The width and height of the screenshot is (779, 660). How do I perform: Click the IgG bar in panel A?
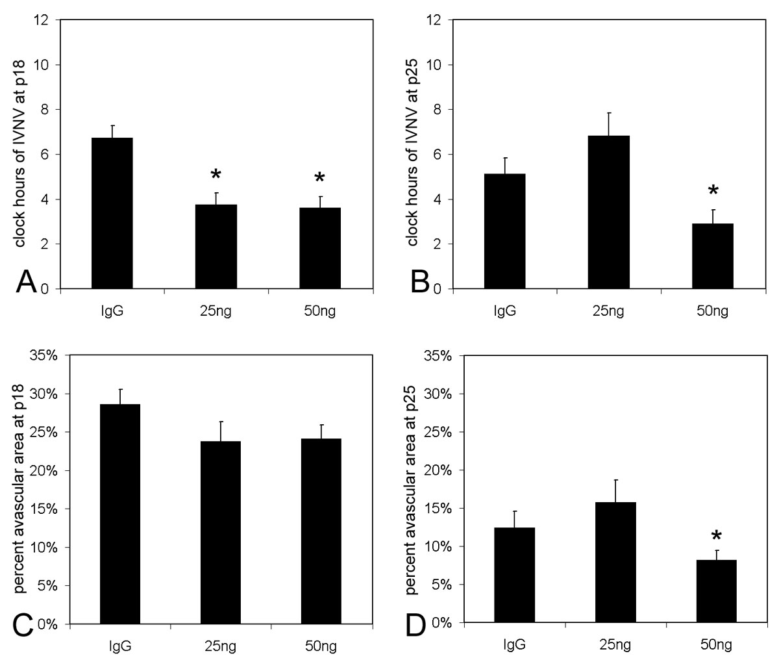coord(112,213)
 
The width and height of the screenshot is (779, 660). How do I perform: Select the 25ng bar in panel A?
coord(216,247)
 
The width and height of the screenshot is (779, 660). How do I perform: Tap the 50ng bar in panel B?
coord(713,256)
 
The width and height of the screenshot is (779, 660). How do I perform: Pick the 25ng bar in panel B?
coord(609,212)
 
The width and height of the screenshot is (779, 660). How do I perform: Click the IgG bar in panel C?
coord(120,513)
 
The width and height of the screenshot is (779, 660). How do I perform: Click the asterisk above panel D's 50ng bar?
coord(716,536)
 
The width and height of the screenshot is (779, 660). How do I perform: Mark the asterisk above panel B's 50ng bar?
coord(713,191)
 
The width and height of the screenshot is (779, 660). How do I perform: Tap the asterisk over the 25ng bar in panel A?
coord(216,175)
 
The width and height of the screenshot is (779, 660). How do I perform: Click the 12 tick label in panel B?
coord(439,20)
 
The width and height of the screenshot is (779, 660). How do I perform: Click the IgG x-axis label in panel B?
coord(505,312)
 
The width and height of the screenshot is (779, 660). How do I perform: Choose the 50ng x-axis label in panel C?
coord(321,647)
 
